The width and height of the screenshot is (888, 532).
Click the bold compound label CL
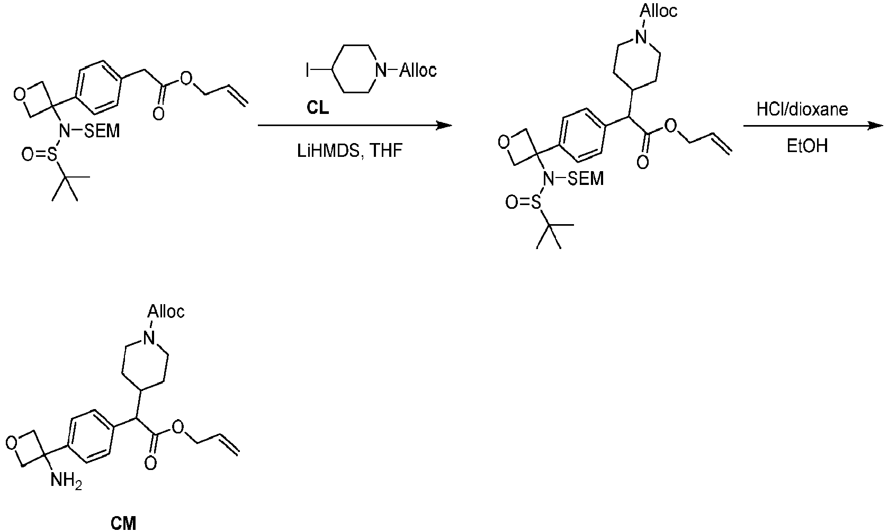click(318, 108)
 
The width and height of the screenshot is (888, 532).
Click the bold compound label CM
click(123, 524)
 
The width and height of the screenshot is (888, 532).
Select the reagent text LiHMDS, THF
click(349, 151)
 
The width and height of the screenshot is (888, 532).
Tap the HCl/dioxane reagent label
click(802, 109)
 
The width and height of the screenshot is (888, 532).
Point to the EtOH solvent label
click(807, 146)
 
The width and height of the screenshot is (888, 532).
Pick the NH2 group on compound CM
click(66, 482)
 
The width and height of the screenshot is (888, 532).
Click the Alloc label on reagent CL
click(418, 70)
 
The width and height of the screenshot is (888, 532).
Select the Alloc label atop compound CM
click(166, 312)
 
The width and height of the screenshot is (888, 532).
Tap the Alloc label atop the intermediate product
click(659, 11)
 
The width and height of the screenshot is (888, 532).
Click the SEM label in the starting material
click(102, 131)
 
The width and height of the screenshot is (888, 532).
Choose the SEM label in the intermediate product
click(586, 179)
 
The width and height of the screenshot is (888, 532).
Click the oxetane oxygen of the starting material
click(20, 94)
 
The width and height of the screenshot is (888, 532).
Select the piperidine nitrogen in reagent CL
click(381, 70)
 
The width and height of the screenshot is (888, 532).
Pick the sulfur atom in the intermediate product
click(535, 203)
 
